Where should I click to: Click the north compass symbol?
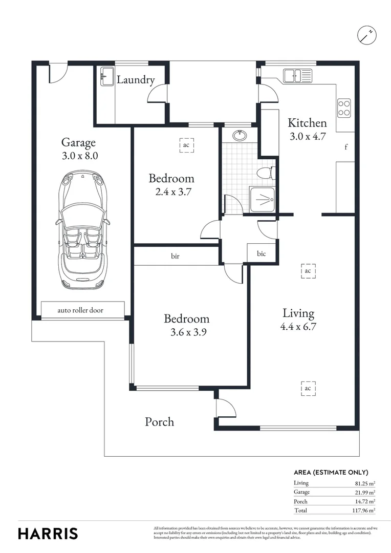(366, 34)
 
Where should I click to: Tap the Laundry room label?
(136, 80)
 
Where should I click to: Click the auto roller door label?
(82, 310)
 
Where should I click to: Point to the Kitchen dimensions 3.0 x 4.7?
(307, 137)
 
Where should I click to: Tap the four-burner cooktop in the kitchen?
(343, 108)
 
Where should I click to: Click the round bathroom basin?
(239, 136)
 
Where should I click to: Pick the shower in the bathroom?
(262, 198)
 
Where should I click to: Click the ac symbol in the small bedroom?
(186, 145)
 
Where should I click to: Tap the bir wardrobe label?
(175, 256)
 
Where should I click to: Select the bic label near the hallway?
(262, 253)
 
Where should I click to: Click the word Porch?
(159, 422)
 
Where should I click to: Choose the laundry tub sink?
(107, 77)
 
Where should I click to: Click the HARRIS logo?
(48, 534)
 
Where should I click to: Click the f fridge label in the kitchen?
(346, 147)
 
